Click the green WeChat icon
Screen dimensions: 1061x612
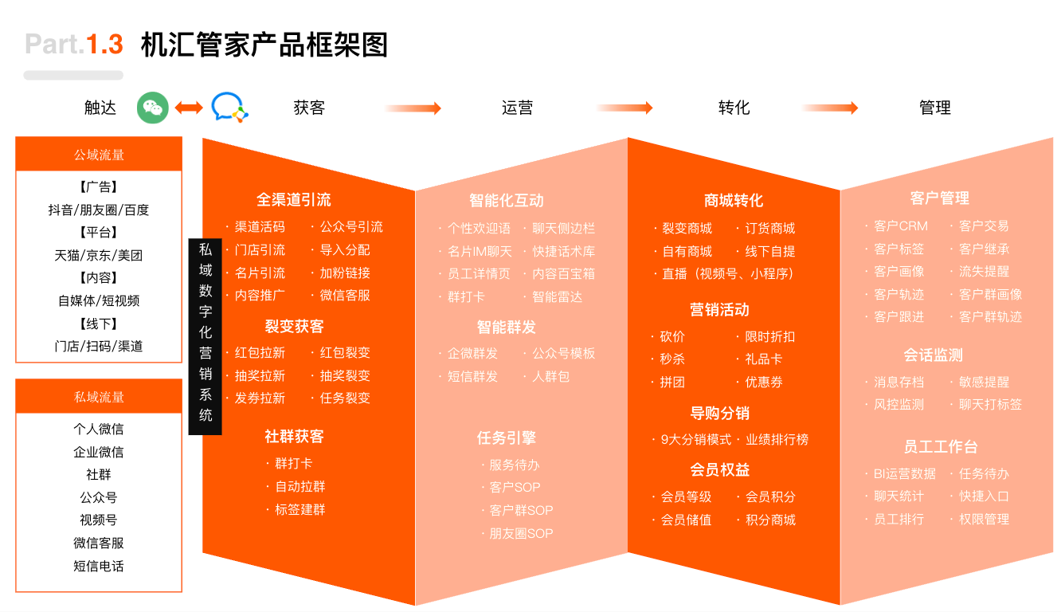[x=152, y=108]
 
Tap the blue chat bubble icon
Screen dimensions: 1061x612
[x=229, y=108]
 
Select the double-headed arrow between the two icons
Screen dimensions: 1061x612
[x=189, y=108]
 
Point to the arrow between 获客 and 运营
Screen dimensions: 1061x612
[x=413, y=108]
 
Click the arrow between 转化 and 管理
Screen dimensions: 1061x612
[x=830, y=108]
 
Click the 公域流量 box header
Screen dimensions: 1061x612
[x=99, y=154]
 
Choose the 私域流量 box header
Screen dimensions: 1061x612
[x=99, y=396]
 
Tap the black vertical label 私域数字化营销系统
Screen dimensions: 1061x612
[x=205, y=336]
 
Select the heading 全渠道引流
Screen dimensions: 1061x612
[x=294, y=199]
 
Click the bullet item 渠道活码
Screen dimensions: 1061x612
[x=260, y=227]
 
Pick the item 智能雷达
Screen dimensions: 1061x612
[x=557, y=297]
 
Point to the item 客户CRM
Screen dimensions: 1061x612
[x=900, y=226]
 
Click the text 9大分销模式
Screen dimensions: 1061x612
[x=696, y=440]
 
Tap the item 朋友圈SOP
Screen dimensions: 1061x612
[x=521, y=533]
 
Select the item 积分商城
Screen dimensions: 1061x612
[x=770, y=520]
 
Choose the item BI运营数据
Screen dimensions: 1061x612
[x=904, y=473]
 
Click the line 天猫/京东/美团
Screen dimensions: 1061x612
[x=99, y=255]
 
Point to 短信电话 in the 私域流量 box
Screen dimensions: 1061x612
[x=99, y=566]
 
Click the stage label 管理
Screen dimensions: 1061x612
[x=934, y=108]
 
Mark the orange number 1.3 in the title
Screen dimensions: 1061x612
[x=104, y=44]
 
